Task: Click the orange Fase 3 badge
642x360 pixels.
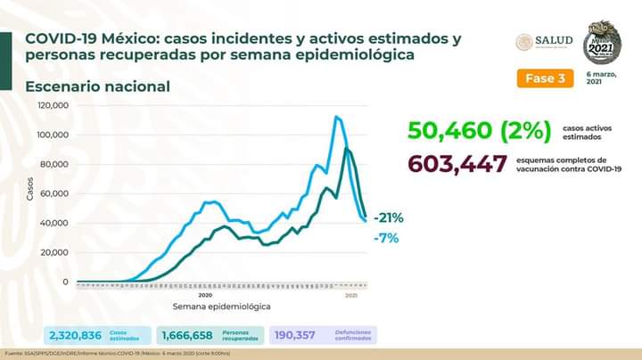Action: pos(543,78)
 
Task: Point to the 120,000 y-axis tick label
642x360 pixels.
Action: pos(53,105)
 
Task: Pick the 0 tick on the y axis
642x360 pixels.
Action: pos(64,282)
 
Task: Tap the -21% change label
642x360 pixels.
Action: pos(390,217)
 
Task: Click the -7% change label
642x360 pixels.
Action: pos(385,238)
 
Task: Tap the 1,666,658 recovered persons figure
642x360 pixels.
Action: pos(187,335)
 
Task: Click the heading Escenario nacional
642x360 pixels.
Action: pos(98,86)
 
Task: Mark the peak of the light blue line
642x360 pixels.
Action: pos(337,117)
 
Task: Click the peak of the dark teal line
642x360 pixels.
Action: pos(346,149)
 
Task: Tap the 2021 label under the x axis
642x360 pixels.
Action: pos(350,294)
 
